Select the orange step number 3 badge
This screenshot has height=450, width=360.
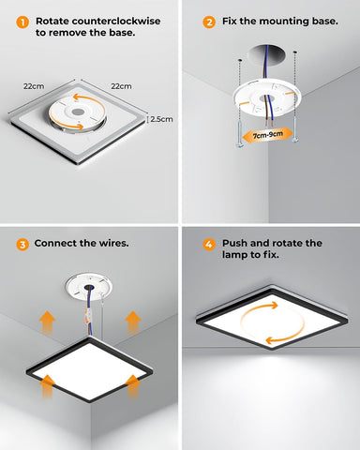pos(22,244)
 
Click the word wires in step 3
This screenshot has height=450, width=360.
pos(111,244)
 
